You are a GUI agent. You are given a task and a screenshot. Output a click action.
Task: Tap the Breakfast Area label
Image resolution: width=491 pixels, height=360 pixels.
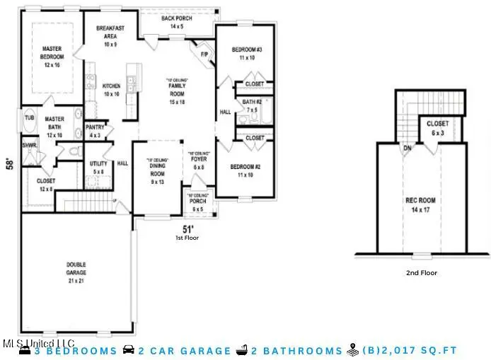pyautogui.click(x=110, y=35)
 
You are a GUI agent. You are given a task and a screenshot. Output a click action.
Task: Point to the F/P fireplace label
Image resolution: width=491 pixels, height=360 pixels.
pyautogui.click(x=204, y=54)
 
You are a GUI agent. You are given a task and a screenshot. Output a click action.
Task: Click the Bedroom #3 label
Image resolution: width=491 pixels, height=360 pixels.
pyautogui.click(x=247, y=54)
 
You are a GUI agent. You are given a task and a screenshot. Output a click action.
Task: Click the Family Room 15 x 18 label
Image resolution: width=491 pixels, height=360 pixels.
pyautogui.click(x=176, y=94)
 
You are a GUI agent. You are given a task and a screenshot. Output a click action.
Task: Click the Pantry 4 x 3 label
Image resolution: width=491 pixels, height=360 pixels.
pyautogui.click(x=95, y=131)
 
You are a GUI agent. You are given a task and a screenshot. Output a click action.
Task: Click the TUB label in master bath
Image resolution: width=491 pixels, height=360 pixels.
pyautogui.click(x=30, y=118)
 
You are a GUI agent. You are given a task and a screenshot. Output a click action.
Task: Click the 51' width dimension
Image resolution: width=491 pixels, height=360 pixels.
pyautogui.click(x=187, y=229)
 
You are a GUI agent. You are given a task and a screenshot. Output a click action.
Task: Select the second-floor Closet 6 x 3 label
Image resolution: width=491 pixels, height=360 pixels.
pyautogui.click(x=438, y=128)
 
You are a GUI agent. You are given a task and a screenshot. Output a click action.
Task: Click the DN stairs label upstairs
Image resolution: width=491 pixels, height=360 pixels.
pyautogui.click(x=407, y=149)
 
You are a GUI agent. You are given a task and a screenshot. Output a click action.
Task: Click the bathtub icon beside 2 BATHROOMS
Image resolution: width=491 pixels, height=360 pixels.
pyautogui.click(x=242, y=350)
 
